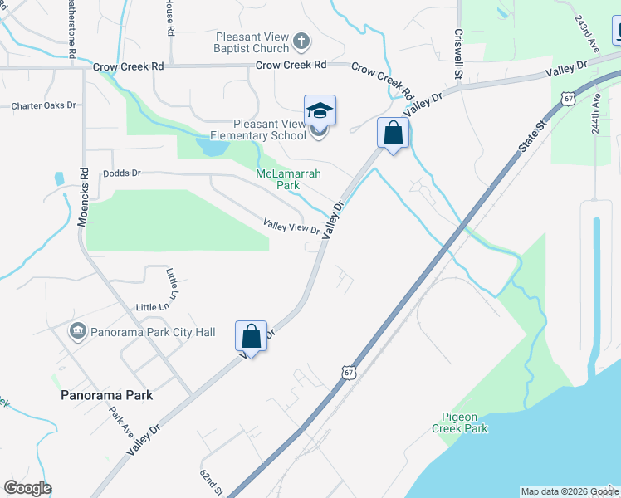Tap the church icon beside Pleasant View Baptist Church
301,39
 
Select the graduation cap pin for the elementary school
320,110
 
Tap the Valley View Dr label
291,226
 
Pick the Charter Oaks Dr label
43,106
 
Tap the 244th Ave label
596,114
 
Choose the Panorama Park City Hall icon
78,332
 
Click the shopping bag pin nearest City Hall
252,337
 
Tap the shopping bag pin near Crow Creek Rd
393,133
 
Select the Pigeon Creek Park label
460,422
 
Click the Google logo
27,488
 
